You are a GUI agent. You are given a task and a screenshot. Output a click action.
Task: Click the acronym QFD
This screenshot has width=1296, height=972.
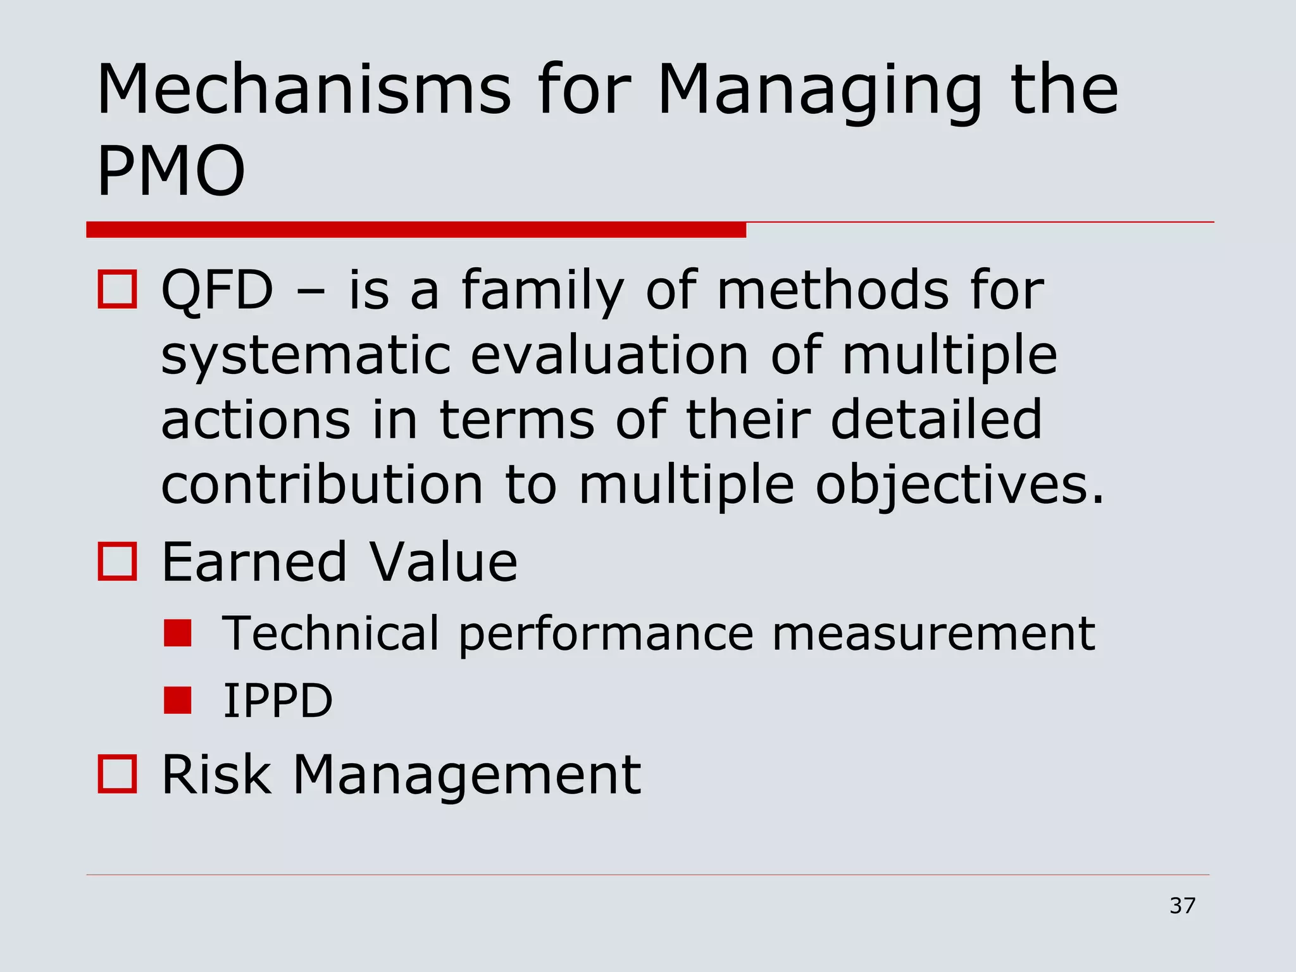pyautogui.click(x=217, y=290)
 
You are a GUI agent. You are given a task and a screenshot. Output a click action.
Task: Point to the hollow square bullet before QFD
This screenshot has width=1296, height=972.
pyautogui.click(x=117, y=290)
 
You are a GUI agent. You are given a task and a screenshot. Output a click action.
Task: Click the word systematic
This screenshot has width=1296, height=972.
pyautogui.click(x=306, y=356)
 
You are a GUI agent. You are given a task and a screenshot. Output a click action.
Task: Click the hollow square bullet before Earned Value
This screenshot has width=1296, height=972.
pyautogui.click(x=117, y=561)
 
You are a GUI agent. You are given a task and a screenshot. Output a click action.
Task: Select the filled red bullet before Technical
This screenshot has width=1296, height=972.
pyautogui.click(x=177, y=633)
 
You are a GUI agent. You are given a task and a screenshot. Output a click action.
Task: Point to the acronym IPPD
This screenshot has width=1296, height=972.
pyautogui.click(x=277, y=701)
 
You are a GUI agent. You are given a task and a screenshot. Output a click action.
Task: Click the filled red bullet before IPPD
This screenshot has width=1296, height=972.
pyautogui.click(x=177, y=701)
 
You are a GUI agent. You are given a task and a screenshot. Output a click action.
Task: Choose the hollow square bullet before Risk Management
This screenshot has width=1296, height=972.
pyautogui.click(x=117, y=774)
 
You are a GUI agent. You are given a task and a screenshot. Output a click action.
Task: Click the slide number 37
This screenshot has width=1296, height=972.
pyautogui.click(x=1182, y=906)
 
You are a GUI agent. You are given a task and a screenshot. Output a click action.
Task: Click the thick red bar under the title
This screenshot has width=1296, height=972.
pyautogui.click(x=416, y=230)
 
